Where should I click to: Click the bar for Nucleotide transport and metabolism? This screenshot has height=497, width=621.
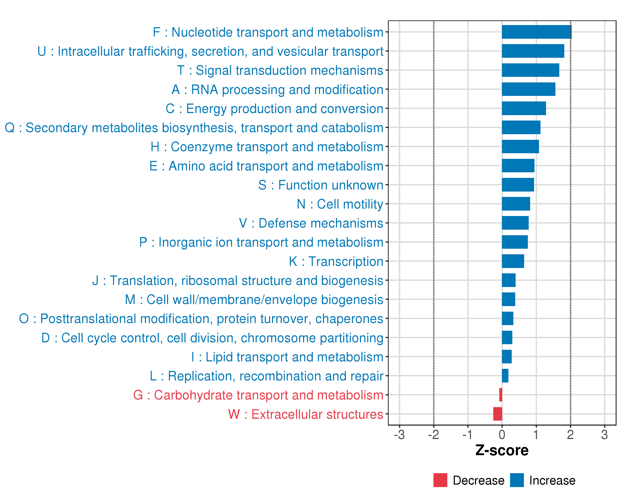536,32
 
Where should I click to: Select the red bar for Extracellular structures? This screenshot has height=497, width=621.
498,414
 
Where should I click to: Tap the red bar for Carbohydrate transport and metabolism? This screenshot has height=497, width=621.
501,395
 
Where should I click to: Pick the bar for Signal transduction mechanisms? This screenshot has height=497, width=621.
530,70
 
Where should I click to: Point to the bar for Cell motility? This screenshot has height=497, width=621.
516,204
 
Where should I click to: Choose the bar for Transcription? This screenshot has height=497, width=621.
513,261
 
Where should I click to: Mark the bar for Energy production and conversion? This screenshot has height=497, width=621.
524,108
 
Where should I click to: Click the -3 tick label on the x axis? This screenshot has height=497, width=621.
399,435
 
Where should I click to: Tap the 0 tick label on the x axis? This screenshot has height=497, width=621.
502,435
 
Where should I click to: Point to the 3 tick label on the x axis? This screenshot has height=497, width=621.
604,435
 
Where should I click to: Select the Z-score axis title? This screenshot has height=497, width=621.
502,450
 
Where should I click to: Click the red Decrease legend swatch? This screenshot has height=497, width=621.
440,480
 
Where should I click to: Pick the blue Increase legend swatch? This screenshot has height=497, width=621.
517,480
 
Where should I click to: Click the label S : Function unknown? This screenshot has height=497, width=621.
321,185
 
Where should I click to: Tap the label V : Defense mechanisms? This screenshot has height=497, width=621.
311,223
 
